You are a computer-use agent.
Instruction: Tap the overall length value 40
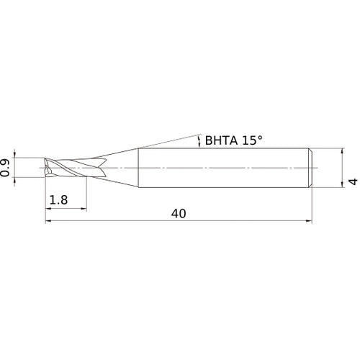coord(179,214)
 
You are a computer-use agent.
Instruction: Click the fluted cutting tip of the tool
coord(65,168)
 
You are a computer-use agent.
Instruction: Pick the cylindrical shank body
coord(223,168)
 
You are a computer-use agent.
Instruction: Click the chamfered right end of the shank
coord(310,168)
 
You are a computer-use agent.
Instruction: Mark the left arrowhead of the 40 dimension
coord(49,220)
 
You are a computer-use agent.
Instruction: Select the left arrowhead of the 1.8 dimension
coord(49,208)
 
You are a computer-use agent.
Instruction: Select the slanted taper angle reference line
coord(166,142)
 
